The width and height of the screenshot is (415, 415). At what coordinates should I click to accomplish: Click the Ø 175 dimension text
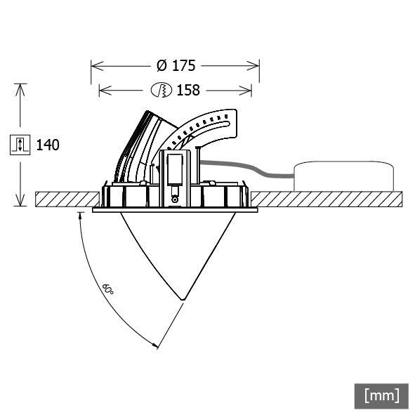(x=176, y=66)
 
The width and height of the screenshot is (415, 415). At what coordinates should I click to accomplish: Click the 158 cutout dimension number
(x=188, y=90)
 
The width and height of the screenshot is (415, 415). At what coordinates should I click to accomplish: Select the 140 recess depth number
(x=47, y=145)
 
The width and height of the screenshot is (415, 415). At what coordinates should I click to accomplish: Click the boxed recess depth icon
(x=20, y=145)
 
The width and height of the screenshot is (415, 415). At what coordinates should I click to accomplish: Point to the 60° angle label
(x=107, y=289)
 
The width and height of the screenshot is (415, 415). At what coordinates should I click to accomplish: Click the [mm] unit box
(x=381, y=395)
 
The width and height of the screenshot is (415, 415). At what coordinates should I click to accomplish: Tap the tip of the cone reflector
(x=183, y=300)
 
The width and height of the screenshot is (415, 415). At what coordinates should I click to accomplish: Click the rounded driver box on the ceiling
(x=343, y=176)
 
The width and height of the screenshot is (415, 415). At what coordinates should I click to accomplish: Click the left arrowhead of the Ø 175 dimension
(x=96, y=66)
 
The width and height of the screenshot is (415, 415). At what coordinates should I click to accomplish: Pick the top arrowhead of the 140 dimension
(x=21, y=88)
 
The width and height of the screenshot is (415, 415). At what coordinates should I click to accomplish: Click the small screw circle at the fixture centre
(x=175, y=198)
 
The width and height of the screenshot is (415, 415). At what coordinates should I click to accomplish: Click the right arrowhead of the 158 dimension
(x=248, y=90)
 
